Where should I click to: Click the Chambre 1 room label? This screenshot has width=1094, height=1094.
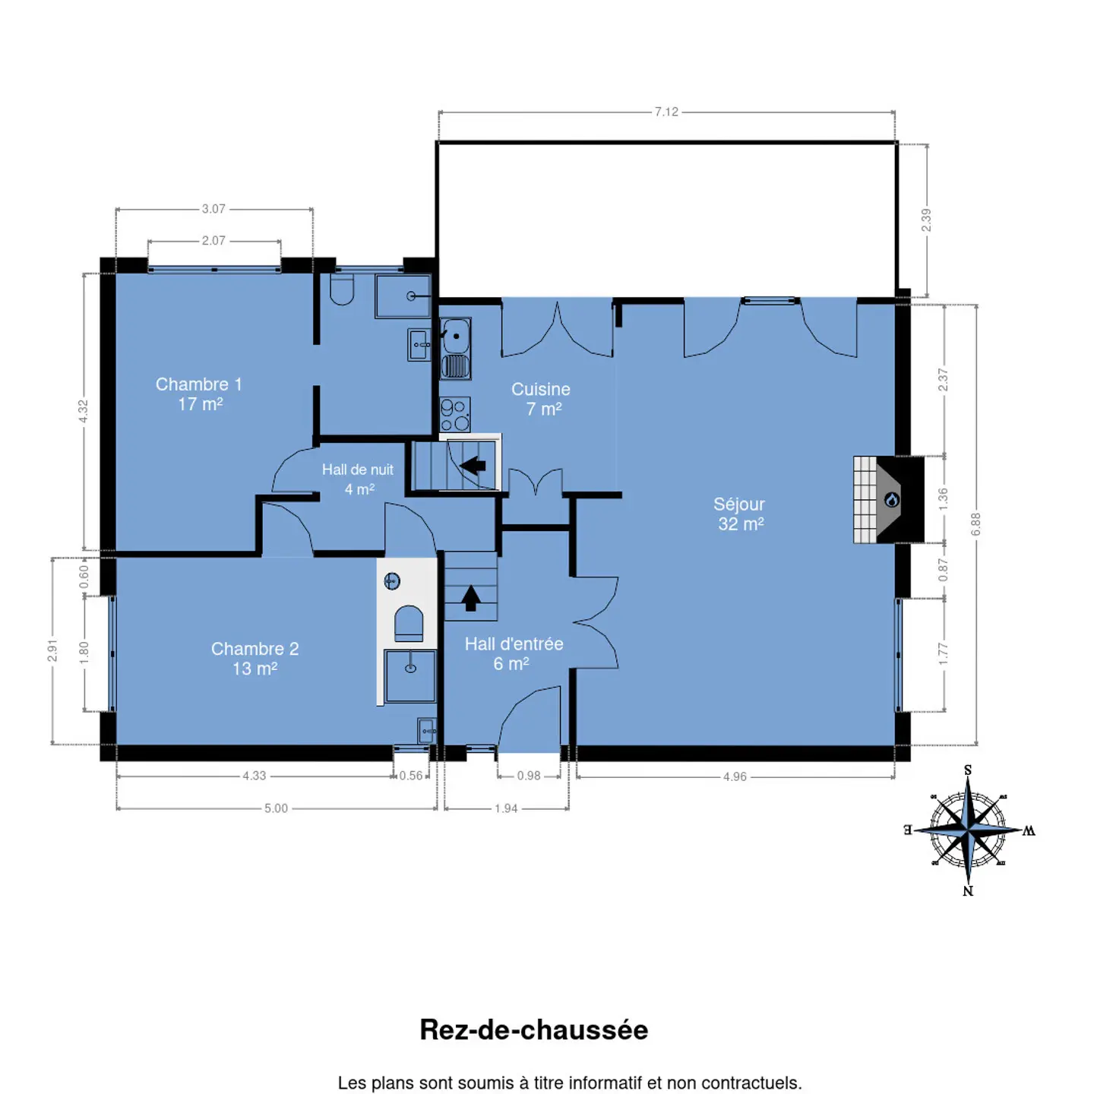199,394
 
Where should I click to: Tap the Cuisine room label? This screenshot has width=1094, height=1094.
541,399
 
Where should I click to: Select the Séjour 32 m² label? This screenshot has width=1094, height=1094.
739,514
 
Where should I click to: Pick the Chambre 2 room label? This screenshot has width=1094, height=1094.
255,659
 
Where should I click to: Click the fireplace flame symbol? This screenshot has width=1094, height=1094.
892,500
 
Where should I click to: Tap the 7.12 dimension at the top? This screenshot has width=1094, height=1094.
666,112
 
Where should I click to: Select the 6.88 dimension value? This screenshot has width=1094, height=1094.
976,524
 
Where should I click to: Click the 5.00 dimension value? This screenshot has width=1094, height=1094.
276,808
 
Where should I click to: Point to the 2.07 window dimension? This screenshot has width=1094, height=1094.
213,241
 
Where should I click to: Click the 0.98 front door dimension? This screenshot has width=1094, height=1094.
529,776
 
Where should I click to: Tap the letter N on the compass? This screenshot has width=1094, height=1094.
968,890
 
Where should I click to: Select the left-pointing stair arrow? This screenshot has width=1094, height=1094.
473,466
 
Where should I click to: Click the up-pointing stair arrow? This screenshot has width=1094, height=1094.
470,599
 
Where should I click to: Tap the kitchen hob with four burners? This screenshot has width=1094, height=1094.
455,414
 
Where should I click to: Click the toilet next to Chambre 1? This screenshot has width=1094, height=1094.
342,289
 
